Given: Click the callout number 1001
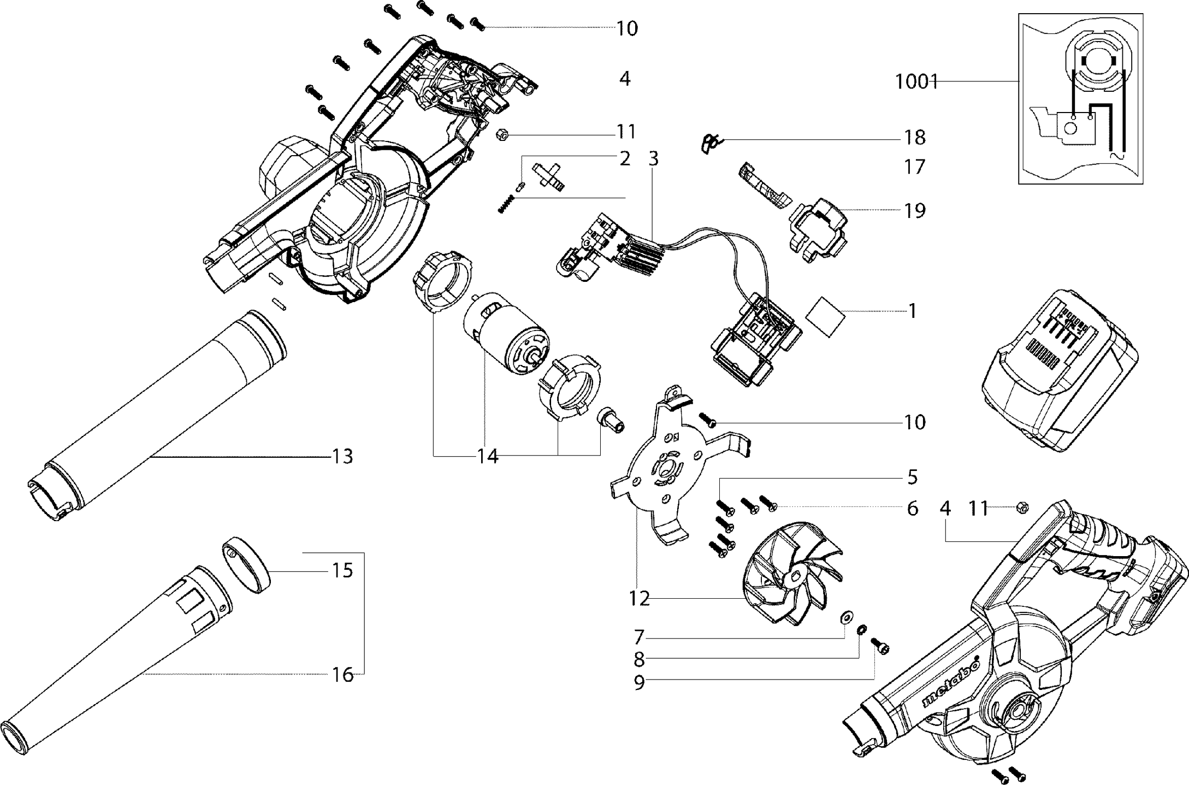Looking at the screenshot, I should click(916, 82).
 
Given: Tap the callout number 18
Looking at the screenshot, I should click(914, 138).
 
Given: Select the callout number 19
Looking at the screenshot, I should click(914, 211).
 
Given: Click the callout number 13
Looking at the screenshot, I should click(342, 456).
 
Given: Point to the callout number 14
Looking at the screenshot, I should click(488, 456).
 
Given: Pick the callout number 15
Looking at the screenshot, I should click(342, 571).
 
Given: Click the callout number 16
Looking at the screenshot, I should click(342, 675).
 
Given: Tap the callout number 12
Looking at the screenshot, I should click(639, 599).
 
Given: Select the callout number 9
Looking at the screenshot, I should click(639, 683).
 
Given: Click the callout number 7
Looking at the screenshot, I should click(639, 637).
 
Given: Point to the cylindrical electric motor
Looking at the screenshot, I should click(505, 339).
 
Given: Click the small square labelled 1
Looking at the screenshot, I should click(825, 317).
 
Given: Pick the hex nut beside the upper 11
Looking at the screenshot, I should click(502, 134).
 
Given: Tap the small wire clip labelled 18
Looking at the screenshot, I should click(711, 144).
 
